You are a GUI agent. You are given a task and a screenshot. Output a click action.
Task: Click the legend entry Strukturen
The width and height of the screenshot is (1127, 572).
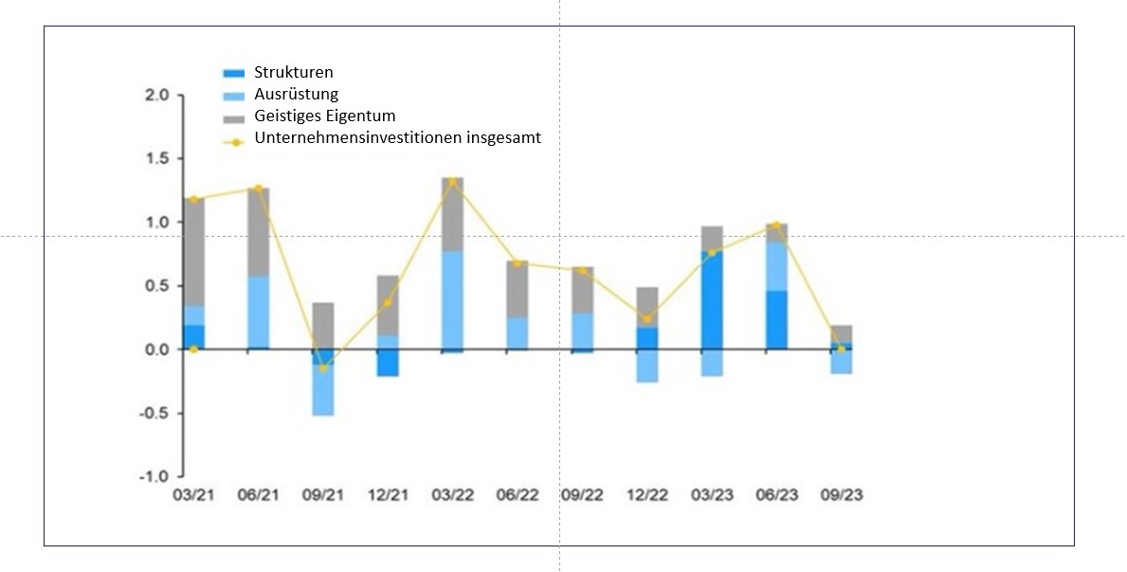pos(293,73)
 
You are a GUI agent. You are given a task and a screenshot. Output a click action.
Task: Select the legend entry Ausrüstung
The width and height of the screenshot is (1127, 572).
pos(296,94)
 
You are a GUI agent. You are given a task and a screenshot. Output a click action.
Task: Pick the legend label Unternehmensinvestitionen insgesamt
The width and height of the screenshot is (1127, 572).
pos(397,138)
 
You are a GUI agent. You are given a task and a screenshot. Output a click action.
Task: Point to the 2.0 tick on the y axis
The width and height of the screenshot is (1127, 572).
pos(157,96)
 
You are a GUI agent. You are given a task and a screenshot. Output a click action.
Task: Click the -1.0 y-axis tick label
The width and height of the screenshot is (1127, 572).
pos(155,476)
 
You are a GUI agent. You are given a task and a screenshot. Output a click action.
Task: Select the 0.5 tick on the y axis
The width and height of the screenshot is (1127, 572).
pos(157,286)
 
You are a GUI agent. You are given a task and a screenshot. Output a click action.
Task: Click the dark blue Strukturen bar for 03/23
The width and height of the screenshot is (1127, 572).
pos(711,300)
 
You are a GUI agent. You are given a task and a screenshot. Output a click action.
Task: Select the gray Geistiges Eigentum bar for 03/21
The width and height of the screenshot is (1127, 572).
pos(193,252)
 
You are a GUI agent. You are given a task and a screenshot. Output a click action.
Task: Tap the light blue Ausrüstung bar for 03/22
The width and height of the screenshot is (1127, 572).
pos(452,300)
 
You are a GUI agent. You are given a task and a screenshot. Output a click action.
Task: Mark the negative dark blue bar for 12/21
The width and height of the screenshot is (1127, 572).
pos(388,363)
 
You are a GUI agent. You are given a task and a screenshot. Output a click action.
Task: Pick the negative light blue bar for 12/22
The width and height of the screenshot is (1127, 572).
pos(646,366)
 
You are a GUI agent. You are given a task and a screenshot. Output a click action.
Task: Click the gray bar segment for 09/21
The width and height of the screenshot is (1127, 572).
pos(323,326)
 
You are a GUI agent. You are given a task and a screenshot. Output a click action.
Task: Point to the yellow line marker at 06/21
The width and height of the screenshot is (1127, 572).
pos(258,189)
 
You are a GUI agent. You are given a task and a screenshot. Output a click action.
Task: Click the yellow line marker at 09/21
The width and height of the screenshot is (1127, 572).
pos(323,367)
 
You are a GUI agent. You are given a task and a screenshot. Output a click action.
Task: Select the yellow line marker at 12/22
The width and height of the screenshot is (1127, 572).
pos(646,319)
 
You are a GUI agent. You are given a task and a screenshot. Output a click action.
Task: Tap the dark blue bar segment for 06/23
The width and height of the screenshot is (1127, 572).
pos(775,320)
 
